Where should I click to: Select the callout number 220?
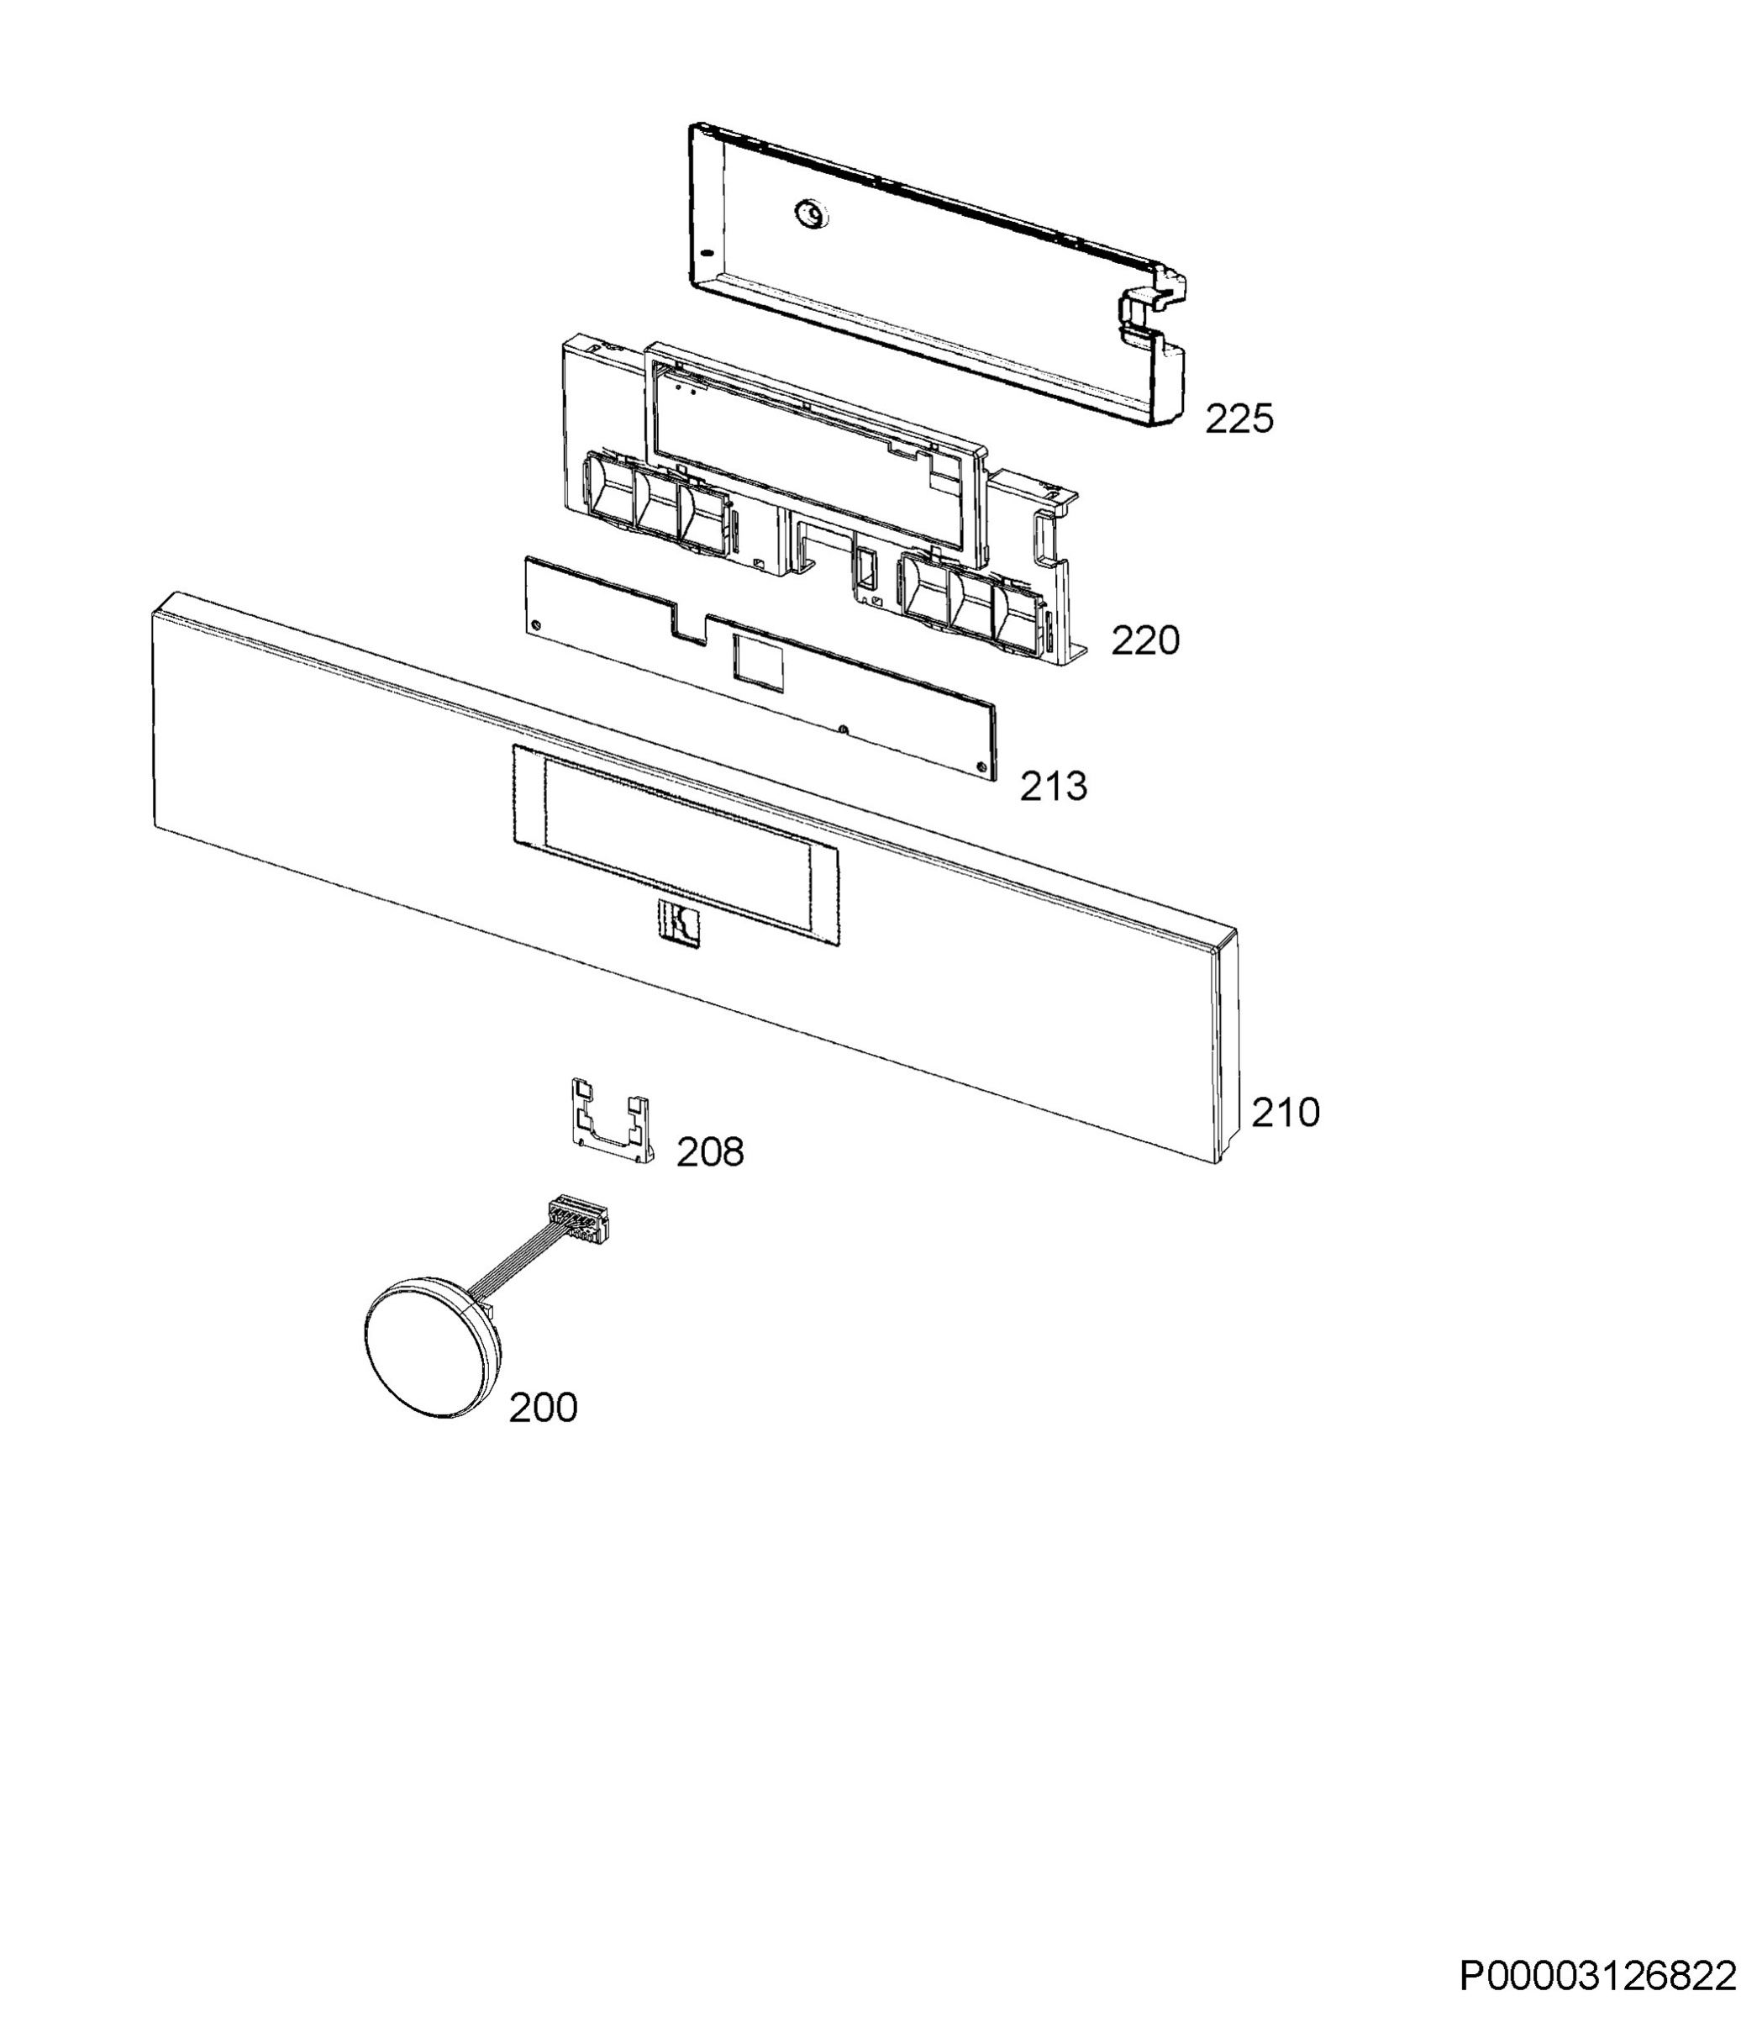tap(1145, 640)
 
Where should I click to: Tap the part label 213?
tap(1053, 786)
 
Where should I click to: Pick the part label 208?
tap(710, 1151)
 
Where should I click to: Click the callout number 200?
tap(543, 1408)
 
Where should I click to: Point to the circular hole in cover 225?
tap(811, 212)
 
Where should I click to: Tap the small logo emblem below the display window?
tap(678, 924)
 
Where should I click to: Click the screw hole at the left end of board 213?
tap(535, 625)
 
